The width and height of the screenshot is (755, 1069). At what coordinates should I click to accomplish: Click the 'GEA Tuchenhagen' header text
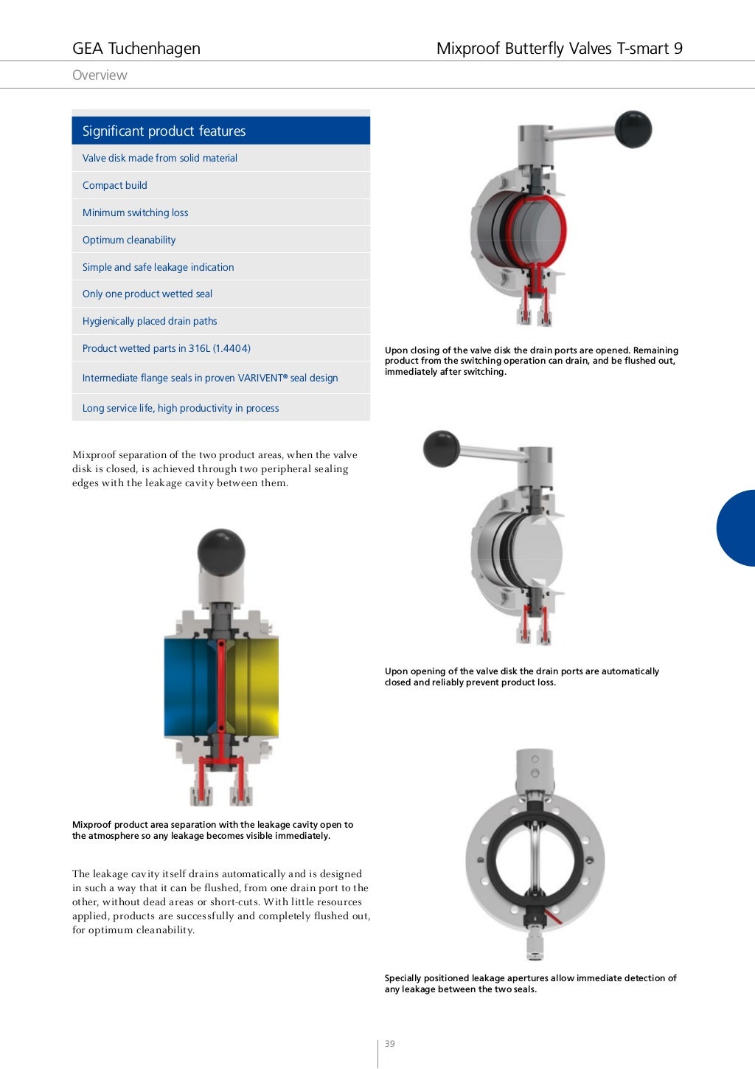pyautogui.click(x=136, y=49)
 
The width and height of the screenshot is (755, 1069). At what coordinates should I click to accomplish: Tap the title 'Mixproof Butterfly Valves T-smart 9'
pyautogui.click(x=559, y=49)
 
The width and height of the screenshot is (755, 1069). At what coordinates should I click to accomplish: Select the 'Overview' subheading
pyautogui.click(x=100, y=75)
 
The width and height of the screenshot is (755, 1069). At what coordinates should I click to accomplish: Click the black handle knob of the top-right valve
pyautogui.click(x=633, y=129)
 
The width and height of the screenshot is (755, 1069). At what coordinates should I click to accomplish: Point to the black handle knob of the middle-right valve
pyautogui.click(x=442, y=449)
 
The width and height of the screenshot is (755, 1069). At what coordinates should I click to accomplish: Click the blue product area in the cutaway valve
pyautogui.click(x=188, y=686)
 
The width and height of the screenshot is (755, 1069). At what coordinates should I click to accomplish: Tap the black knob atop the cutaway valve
pyautogui.click(x=221, y=551)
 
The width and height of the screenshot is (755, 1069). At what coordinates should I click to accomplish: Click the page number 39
pyautogui.click(x=390, y=1044)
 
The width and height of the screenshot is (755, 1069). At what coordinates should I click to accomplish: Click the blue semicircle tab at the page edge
pyautogui.click(x=738, y=528)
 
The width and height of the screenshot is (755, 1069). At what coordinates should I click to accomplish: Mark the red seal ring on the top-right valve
pyautogui.click(x=560, y=229)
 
